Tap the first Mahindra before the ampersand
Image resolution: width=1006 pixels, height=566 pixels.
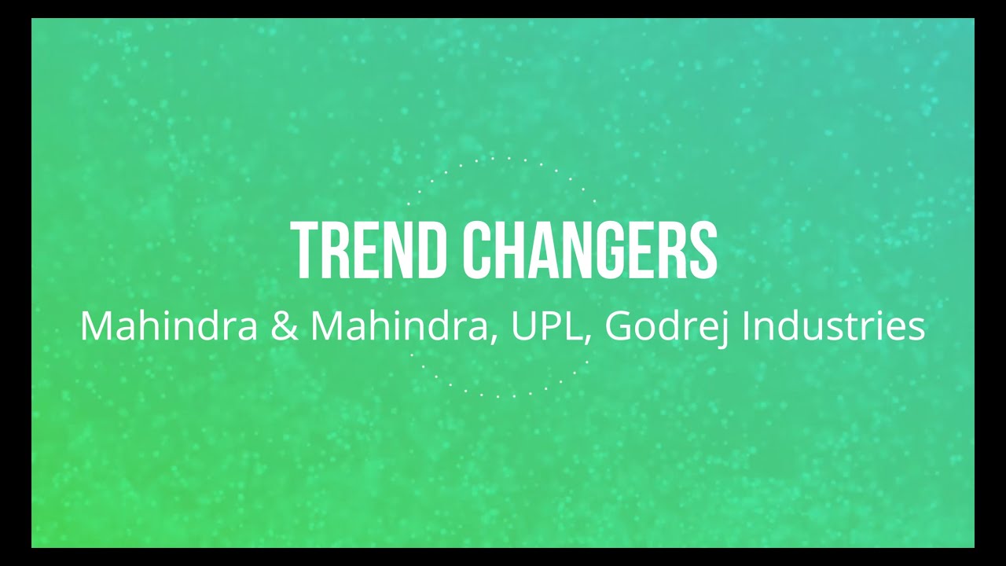tap(168, 326)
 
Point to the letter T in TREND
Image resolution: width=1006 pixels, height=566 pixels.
tap(303, 251)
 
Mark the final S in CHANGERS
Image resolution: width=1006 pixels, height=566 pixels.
tap(703, 251)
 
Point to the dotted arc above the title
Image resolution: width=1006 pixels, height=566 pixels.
tap(503, 160)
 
